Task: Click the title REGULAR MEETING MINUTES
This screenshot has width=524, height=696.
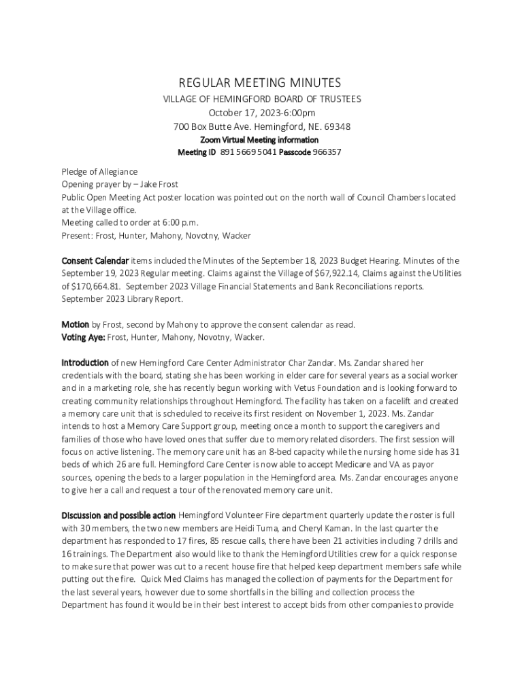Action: [x=259, y=83]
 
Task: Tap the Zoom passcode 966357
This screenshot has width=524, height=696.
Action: [x=327, y=152]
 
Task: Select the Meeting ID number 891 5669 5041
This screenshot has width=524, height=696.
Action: [x=247, y=152]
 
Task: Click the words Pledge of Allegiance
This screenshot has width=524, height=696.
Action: [x=99, y=171]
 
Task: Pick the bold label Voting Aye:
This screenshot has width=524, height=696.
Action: [x=83, y=337]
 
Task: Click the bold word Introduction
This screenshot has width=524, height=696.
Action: [x=85, y=363]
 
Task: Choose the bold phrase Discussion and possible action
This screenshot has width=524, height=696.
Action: [x=119, y=515]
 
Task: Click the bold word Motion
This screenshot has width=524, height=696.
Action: [x=76, y=324]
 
